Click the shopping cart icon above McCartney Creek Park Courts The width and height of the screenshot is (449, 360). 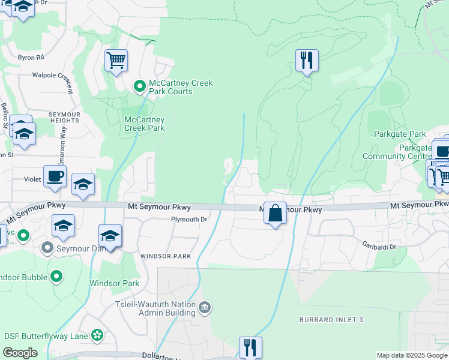pyautogui.click(x=116, y=60)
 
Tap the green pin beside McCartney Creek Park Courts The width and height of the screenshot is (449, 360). pyautogui.click(x=139, y=87)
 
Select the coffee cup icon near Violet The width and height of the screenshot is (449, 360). pyautogui.click(x=55, y=176)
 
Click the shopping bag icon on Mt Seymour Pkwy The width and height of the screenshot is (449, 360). pyautogui.click(x=274, y=214)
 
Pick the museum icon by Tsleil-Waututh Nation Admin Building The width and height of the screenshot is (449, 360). pyautogui.click(x=205, y=308)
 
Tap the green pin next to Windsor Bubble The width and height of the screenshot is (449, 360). pyautogui.click(x=56, y=277)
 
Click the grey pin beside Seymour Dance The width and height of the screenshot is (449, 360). pyautogui.click(x=46, y=247)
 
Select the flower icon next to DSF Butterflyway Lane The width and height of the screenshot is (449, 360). pyautogui.click(x=97, y=335)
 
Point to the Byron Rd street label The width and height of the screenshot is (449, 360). pyautogui.click(x=31, y=58)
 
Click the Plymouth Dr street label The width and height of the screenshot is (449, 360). pyautogui.click(x=189, y=220)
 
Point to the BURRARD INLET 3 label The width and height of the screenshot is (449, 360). pyautogui.click(x=331, y=320)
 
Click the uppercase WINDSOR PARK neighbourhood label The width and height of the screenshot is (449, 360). pyautogui.click(x=166, y=256)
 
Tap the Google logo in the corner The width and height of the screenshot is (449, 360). pyautogui.click(x=20, y=353)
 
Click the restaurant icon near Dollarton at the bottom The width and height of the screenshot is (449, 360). pyautogui.click(x=250, y=347)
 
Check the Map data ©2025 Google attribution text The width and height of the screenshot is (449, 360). pyautogui.click(x=411, y=355)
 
